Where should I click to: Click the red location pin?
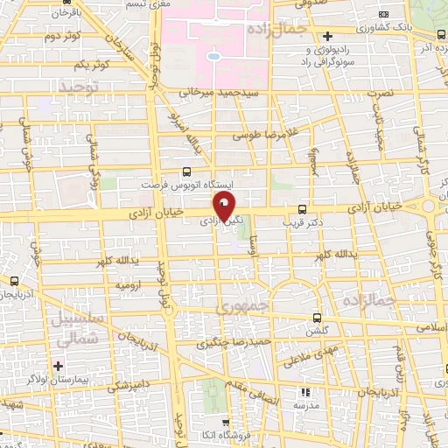[224, 208]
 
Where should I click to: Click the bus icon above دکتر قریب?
[302, 209]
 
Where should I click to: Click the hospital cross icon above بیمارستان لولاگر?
[59, 365]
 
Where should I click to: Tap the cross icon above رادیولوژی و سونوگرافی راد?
[326, 37]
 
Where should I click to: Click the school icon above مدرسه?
[306, 392]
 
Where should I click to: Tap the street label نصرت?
[378, 91]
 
